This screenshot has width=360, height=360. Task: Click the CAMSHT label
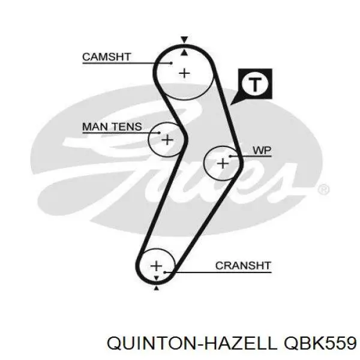click(x=107, y=57)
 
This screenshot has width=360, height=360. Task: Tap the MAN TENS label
click(x=112, y=127)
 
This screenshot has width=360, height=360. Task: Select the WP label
click(x=262, y=151)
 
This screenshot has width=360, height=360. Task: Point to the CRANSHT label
click(x=244, y=266)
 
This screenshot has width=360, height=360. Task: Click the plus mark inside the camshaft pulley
click(x=184, y=73)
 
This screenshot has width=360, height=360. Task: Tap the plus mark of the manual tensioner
click(x=167, y=140)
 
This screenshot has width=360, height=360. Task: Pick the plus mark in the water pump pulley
click(x=223, y=164)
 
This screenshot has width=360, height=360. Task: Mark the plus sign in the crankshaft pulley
click(x=157, y=266)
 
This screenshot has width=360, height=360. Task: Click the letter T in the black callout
click(x=255, y=85)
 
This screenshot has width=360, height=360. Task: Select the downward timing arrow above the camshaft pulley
click(x=184, y=40)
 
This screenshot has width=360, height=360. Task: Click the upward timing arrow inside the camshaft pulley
click(x=184, y=53)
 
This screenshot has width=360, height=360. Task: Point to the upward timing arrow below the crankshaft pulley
click(x=157, y=288)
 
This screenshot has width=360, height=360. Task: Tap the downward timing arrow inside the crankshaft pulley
click(x=157, y=278)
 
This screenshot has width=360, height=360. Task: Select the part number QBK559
click(x=320, y=343)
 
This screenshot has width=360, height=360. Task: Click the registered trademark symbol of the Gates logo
click(x=323, y=190)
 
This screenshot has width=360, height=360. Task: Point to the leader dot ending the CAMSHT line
click(x=171, y=63)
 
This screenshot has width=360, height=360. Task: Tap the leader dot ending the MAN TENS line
click(x=159, y=133)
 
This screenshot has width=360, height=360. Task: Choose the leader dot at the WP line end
click(x=230, y=157)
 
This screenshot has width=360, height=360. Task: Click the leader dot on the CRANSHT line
click(x=164, y=272)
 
